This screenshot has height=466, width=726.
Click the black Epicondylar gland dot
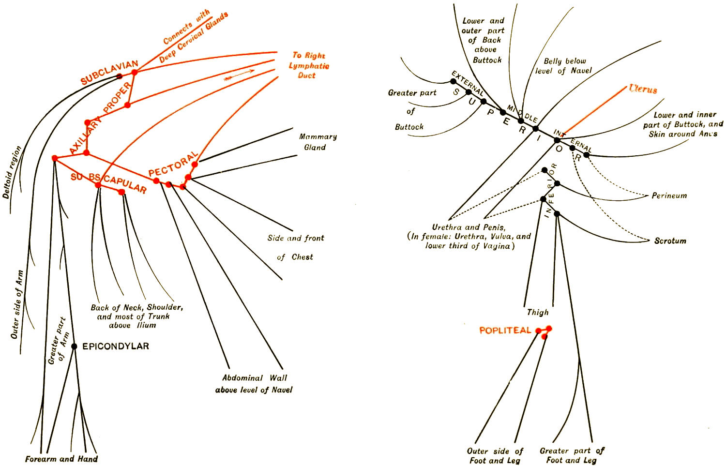click(x=74, y=346)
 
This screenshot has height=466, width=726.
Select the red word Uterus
click(x=643, y=89)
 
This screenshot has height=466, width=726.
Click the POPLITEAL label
click(x=505, y=331)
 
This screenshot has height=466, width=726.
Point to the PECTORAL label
click(x=173, y=165)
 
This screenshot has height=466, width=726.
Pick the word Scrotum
click(x=670, y=241)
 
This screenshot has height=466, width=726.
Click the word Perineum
click(x=669, y=196)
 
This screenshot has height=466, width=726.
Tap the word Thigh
click(x=538, y=313)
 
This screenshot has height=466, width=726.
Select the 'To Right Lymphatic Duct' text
click(x=309, y=65)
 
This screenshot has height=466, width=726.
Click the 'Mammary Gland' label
click(x=318, y=142)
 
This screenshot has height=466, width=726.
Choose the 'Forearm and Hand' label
click(x=61, y=459)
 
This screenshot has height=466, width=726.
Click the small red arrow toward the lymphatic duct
click(x=239, y=75)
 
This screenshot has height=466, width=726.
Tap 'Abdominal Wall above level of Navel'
click(x=254, y=384)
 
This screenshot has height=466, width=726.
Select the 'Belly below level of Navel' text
click(x=564, y=66)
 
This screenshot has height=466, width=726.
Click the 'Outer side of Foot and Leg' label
click(x=495, y=455)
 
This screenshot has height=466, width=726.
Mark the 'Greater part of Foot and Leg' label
click(x=572, y=455)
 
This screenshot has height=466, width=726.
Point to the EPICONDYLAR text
click(x=116, y=346)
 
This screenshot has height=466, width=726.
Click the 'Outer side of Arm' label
click(x=17, y=304)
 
